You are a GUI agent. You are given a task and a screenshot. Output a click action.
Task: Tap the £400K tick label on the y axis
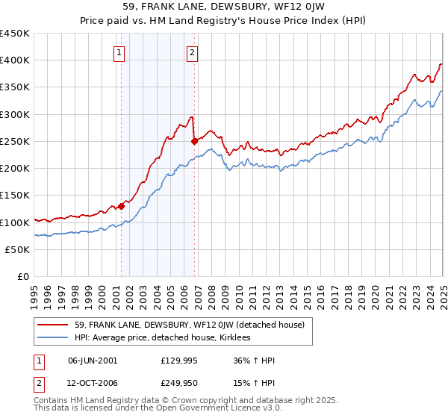pyautogui.click(x=15, y=60)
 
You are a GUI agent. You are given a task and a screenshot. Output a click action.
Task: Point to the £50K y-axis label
pyautogui.click(x=18, y=249)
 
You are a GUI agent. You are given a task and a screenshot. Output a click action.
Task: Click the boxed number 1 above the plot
pyautogui.click(x=119, y=52)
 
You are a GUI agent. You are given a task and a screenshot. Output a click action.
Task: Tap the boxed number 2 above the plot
pyautogui.click(x=193, y=52)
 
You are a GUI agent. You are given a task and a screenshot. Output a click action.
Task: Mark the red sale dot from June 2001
pyautogui.click(x=120, y=206)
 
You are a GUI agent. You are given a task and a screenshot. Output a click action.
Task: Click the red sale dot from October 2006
pyautogui.click(x=194, y=140)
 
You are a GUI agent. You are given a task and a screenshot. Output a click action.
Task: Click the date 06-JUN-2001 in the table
pyautogui.click(x=93, y=360)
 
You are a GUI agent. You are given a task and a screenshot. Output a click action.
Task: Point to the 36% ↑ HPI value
pyautogui.click(x=254, y=360)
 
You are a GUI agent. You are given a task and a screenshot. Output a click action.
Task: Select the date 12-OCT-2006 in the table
pyautogui.click(x=93, y=382)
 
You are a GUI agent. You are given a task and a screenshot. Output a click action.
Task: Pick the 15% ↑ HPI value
pyautogui.click(x=254, y=382)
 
